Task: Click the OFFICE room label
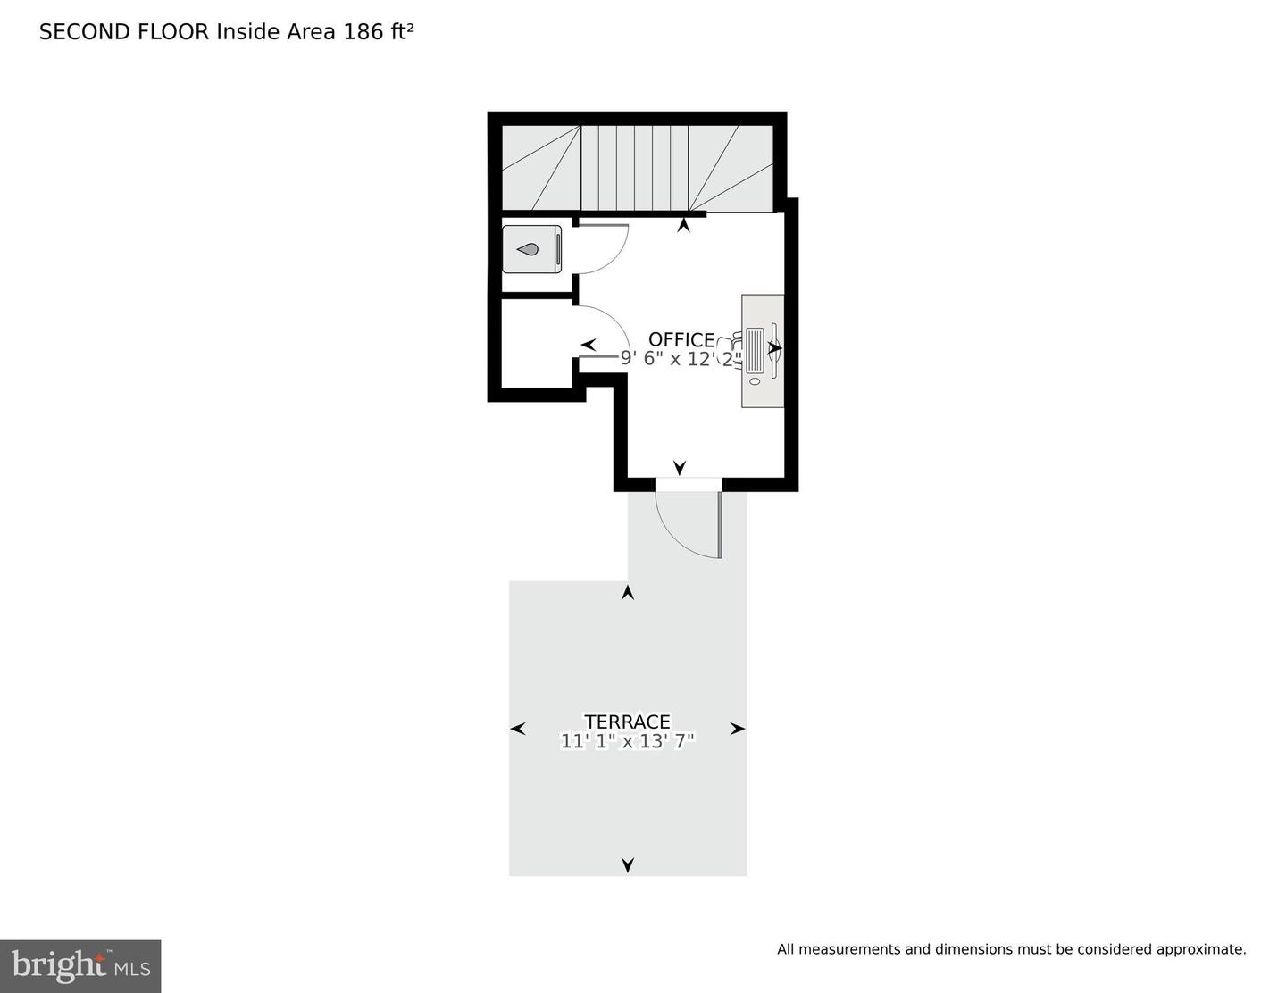pyautogui.click(x=681, y=339)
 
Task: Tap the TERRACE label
pyautogui.click(x=627, y=722)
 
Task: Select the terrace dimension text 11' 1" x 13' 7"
pyautogui.click(x=627, y=741)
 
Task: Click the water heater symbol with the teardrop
pyautogui.click(x=531, y=249)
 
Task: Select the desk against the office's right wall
pyautogui.click(x=763, y=351)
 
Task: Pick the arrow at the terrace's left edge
pyautogui.click(x=517, y=729)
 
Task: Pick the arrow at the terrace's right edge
pyautogui.click(x=738, y=729)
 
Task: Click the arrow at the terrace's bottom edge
pyautogui.click(x=628, y=864)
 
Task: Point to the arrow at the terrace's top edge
pyautogui.click(x=628, y=592)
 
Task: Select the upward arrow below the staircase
pyautogui.click(x=684, y=226)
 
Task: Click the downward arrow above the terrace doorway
pyautogui.click(x=680, y=467)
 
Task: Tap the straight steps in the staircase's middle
pyautogui.click(x=634, y=168)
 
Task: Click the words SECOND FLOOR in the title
pyautogui.click(x=124, y=32)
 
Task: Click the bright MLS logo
pyautogui.click(x=80, y=966)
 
